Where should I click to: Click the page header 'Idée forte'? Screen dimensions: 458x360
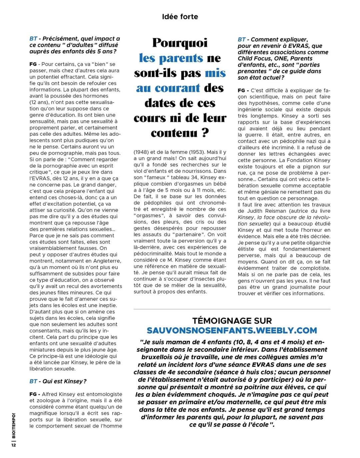[180, 17]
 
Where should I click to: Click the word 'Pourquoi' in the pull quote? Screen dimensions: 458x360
[180, 43]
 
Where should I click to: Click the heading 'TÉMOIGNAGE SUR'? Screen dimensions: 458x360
[232, 321]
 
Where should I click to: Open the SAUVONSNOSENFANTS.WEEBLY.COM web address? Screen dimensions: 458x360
[232, 330]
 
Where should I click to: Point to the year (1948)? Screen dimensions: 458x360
[141, 152]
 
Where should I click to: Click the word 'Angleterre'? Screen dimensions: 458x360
[107, 261]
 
